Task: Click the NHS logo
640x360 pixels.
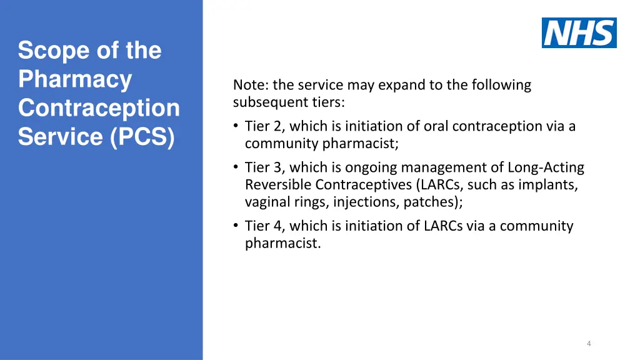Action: [579, 32]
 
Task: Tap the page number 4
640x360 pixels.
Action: [589, 343]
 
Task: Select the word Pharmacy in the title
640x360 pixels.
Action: [75, 79]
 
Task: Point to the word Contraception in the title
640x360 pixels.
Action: [99, 108]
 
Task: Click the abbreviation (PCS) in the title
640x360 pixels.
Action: [142, 137]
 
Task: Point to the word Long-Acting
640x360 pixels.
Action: [546, 167]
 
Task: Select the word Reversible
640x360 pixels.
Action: [278, 185]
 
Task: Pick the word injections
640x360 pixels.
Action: [366, 202]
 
